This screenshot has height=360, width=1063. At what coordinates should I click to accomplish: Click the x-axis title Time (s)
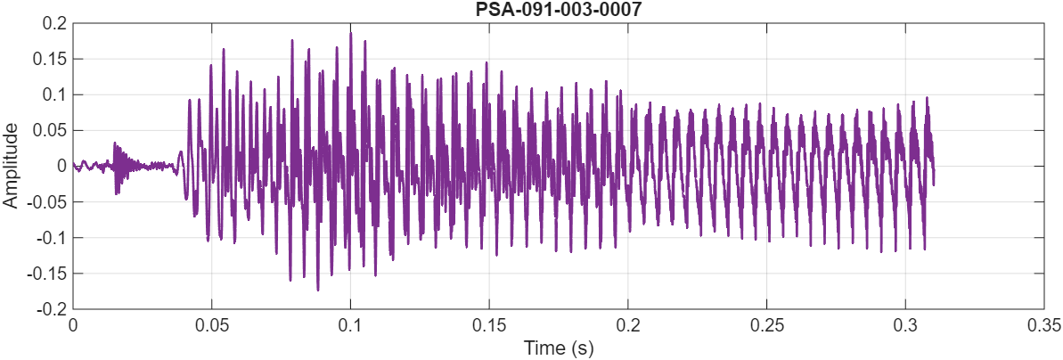pos(558,347)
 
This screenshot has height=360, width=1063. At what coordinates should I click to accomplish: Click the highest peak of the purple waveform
pos(350,33)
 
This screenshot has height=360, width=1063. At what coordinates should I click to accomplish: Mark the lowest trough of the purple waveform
pos(318,290)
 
